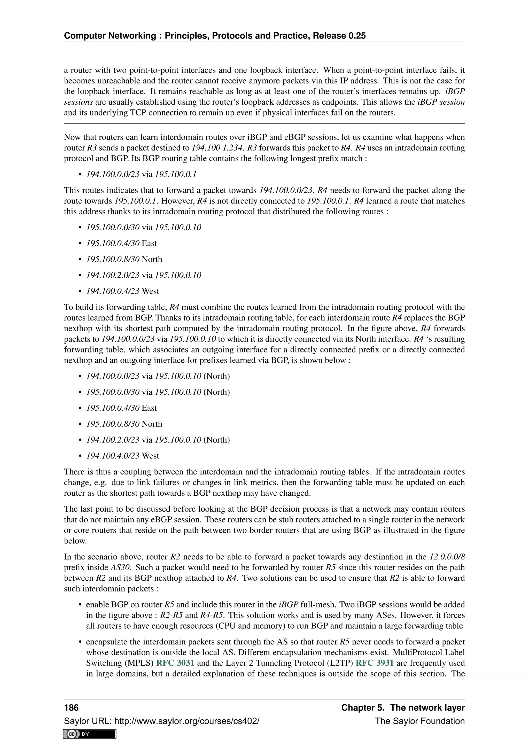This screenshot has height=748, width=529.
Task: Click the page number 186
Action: click(x=71, y=708)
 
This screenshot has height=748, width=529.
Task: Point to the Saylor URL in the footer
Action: click(x=161, y=721)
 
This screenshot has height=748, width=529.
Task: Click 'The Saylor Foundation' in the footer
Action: click(x=419, y=721)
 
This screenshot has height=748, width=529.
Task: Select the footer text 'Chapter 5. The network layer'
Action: click(x=403, y=708)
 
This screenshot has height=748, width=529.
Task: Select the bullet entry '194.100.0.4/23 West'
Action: click(x=122, y=291)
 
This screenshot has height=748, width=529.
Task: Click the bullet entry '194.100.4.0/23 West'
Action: click(x=122, y=455)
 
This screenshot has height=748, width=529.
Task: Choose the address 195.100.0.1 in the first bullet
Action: click(x=176, y=174)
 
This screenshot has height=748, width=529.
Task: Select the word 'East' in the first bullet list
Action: click(x=149, y=243)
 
